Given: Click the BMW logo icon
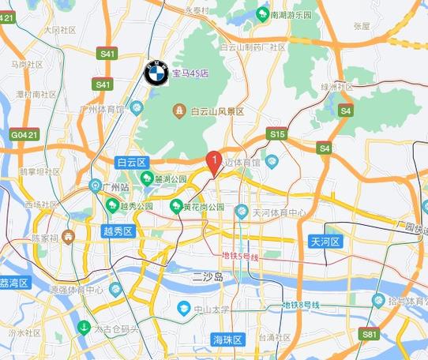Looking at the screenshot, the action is tap(156, 73).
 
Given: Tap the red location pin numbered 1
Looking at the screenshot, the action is tap(212, 162).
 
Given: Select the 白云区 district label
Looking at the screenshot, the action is tap(132, 162).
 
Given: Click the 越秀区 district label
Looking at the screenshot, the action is tap(120, 231).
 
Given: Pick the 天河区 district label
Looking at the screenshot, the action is tap(325, 242).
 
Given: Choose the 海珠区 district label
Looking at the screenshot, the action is tap(228, 339).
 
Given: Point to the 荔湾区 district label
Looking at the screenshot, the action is tap(14, 283).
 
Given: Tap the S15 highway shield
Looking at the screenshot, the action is tap(276, 135).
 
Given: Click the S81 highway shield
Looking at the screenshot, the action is tap(370, 335).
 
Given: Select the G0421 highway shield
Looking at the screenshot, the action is tap(24, 136).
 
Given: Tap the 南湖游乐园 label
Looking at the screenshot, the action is tap(289, 14).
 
